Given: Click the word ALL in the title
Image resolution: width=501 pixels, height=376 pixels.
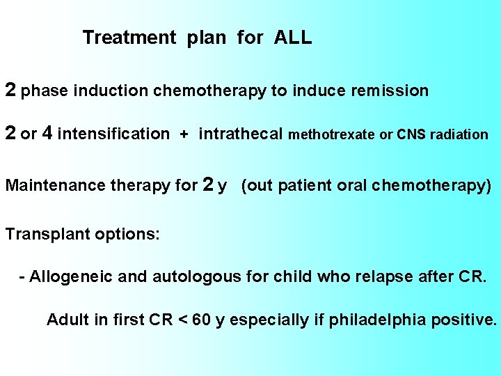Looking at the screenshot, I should [x=293, y=38].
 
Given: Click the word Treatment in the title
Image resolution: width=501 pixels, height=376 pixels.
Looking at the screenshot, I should [x=129, y=38].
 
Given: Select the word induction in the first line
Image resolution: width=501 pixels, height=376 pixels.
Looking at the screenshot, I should [x=111, y=91].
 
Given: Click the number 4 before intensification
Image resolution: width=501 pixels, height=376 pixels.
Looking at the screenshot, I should [x=47, y=133].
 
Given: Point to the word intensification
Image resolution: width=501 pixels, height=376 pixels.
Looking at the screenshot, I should [x=113, y=134].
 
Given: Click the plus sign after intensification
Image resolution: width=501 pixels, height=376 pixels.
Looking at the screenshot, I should [x=184, y=135].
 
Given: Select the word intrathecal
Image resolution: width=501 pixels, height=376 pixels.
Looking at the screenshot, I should [x=241, y=134].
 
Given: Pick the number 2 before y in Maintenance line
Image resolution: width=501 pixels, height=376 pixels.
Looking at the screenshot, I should [x=207, y=185].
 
